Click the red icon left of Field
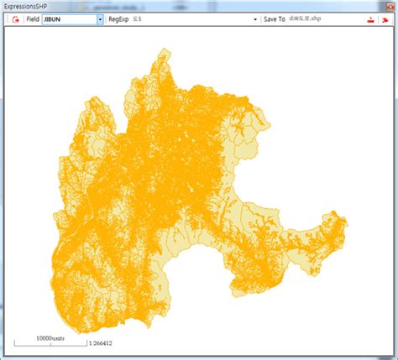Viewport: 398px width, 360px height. (x=15, y=18)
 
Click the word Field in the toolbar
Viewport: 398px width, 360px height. (x=32, y=18)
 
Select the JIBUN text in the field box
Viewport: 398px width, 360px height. (x=55, y=18)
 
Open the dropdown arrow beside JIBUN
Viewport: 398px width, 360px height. (x=100, y=18)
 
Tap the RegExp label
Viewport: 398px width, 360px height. (x=119, y=18)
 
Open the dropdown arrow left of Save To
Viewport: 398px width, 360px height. (x=254, y=18)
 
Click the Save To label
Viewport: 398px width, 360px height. (x=274, y=18)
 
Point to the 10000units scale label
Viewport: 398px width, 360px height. (x=50, y=337)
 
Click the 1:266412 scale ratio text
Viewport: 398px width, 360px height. (x=101, y=343)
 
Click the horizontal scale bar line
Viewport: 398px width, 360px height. (x=50, y=344)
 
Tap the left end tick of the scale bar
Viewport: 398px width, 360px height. (x=13, y=342)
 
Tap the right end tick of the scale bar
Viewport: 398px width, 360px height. (x=86, y=342)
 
